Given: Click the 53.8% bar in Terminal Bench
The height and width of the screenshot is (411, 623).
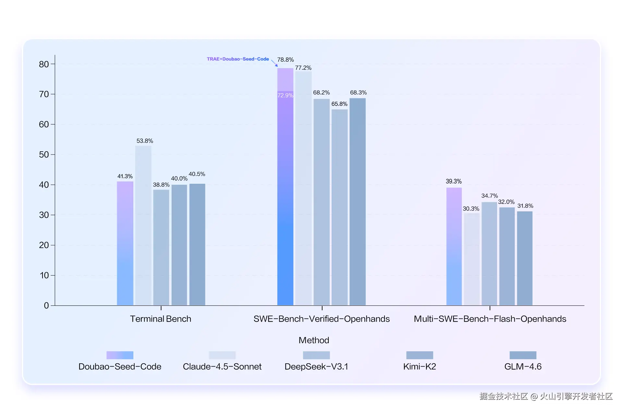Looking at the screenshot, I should pyautogui.click(x=143, y=225).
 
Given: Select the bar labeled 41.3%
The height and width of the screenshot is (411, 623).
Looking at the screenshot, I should pyautogui.click(x=125, y=243).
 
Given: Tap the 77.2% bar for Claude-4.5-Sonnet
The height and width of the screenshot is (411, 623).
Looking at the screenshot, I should pyautogui.click(x=303, y=188).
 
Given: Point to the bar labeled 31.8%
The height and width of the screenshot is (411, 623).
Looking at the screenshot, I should pyautogui.click(x=525, y=258).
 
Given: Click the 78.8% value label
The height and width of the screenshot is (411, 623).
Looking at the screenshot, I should pyautogui.click(x=285, y=60).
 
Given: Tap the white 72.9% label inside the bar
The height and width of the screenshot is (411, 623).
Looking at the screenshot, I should pyautogui.click(x=285, y=95).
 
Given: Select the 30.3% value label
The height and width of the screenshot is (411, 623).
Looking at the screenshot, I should pyautogui.click(x=471, y=209).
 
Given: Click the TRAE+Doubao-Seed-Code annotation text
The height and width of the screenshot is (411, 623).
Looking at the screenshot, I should pyautogui.click(x=238, y=59).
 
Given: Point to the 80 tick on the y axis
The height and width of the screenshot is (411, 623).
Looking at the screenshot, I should pyautogui.click(x=44, y=64).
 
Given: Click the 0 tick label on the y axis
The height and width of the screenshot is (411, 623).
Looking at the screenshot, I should pyautogui.click(x=46, y=305).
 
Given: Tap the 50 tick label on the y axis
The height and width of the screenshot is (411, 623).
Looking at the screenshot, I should pyautogui.click(x=44, y=155).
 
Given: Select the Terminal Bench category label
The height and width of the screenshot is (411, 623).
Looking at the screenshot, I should pyautogui.click(x=161, y=319).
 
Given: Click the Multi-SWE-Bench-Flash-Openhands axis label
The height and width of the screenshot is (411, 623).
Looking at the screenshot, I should pyautogui.click(x=490, y=319).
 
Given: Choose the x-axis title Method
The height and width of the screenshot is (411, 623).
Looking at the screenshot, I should pyautogui.click(x=314, y=340).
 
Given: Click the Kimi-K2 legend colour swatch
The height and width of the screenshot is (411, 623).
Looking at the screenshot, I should pyautogui.click(x=420, y=355).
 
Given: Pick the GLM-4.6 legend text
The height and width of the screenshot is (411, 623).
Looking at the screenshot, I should pyautogui.click(x=523, y=367).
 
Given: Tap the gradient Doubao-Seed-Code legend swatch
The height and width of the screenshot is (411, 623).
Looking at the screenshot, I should pyautogui.click(x=120, y=355).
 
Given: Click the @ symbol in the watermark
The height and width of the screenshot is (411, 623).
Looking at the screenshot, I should pyautogui.click(x=534, y=396).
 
